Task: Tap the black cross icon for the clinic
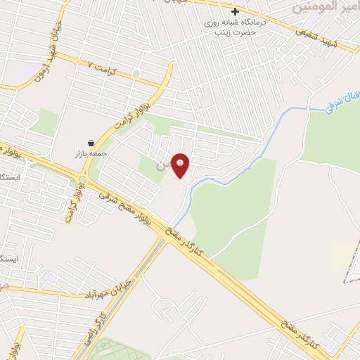point(236,12)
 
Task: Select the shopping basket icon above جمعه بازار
point(91,143)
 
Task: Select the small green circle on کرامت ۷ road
point(136,73)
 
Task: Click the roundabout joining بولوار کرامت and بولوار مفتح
point(83,181)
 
